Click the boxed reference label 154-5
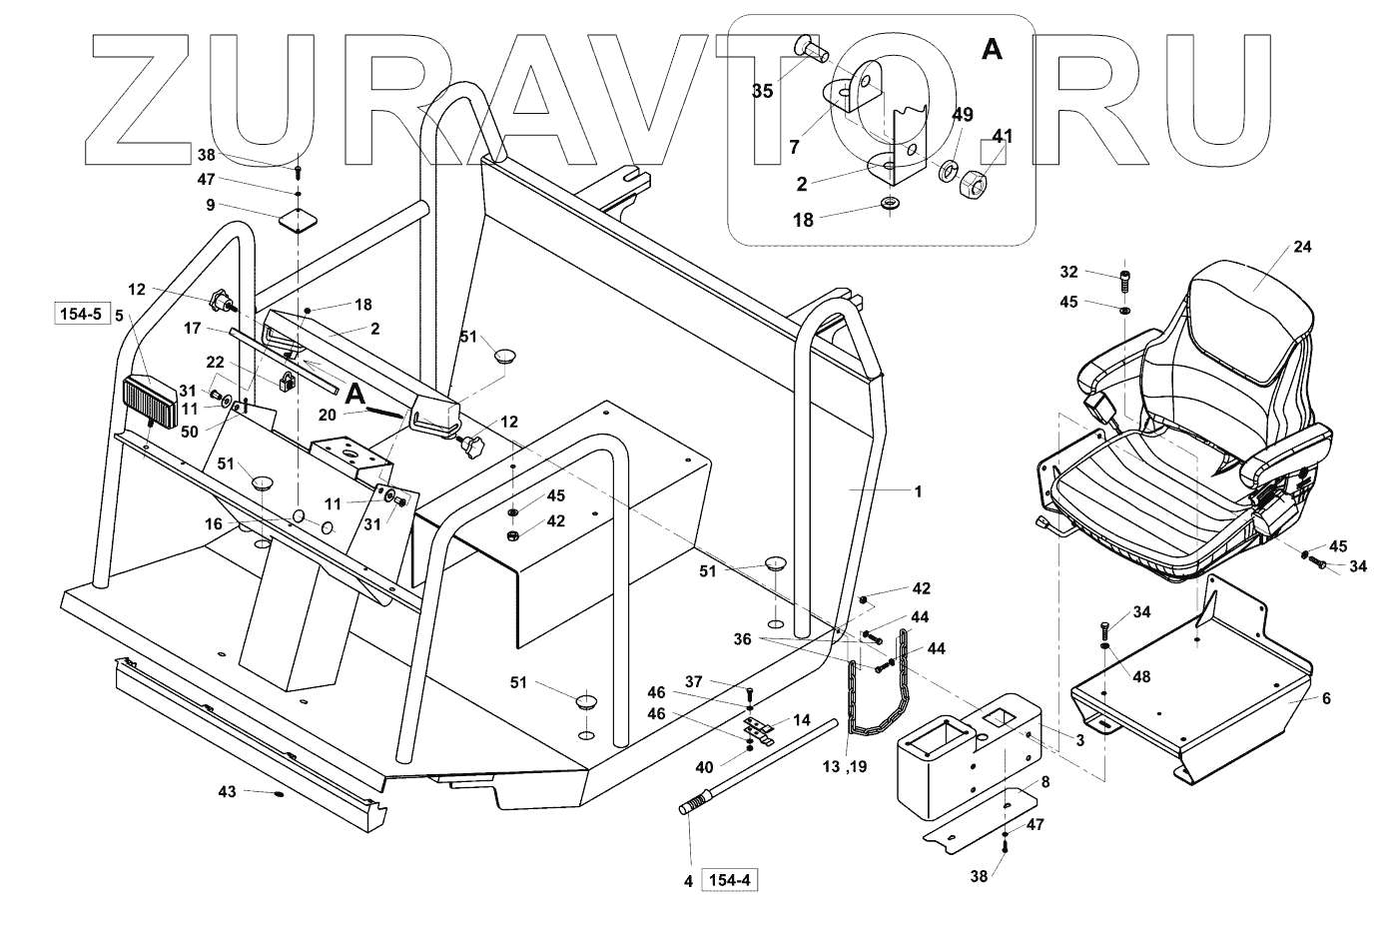coord(79,316)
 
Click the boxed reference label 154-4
coord(732,880)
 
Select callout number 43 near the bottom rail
coord(229,792)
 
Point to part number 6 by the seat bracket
coord(1325,699)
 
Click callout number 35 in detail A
coord(762,91)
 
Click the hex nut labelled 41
coord(974,183)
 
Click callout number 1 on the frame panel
coord(918,491)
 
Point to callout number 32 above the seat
coord(1068,271)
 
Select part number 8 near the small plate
coord(1044,783)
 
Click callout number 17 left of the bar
coord(194,327)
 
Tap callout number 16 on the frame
coord(214,522)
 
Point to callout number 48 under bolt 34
coord(1140,676)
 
